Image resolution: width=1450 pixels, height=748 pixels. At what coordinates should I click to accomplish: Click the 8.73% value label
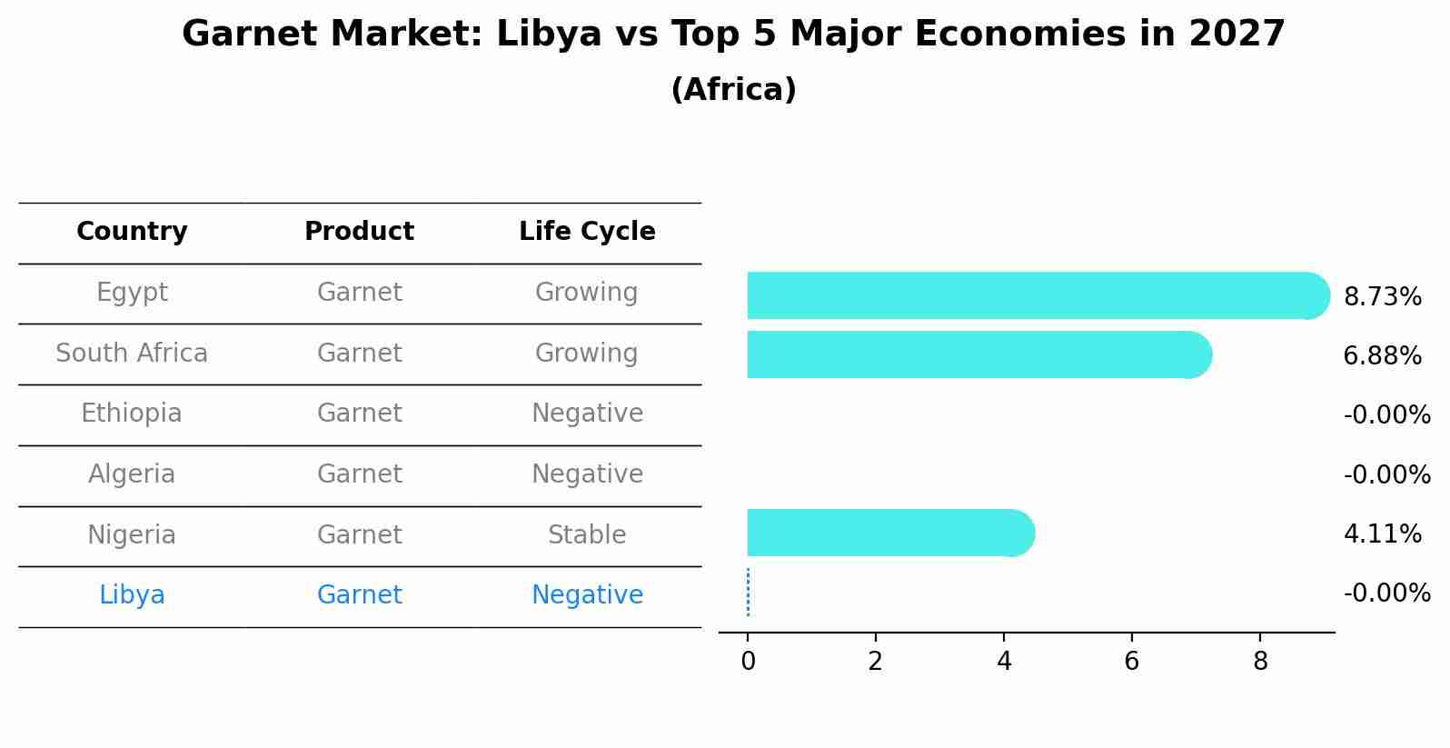pos(1382,297)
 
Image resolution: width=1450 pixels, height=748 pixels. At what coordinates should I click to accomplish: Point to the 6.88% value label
pos(1382,356)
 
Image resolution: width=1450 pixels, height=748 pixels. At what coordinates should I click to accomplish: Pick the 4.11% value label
pos(1382,534)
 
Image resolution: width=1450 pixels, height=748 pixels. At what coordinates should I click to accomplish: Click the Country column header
pos(132,232)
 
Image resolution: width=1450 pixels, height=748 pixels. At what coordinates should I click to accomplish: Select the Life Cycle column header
pos(587,232)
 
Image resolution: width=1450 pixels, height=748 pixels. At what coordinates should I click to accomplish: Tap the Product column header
pos(359,232)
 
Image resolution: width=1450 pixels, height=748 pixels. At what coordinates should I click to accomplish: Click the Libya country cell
pos(132,595)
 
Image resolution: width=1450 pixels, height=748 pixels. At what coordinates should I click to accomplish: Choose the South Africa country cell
pos(132,354)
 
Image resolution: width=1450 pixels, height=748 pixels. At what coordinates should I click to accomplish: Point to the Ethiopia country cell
pos(132,414)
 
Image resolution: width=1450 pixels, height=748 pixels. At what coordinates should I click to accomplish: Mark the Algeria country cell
pos(132,474)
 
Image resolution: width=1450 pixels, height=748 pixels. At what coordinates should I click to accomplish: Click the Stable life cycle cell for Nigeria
pos(587,535)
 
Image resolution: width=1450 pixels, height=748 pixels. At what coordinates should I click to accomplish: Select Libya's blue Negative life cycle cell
pos(587,595)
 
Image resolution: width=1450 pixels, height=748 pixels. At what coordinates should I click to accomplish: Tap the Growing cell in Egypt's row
pos(587,293)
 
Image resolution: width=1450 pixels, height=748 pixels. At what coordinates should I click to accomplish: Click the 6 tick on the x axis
pos(1131,662)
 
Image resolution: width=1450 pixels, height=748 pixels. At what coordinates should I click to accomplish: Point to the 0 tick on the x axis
pos(748,662)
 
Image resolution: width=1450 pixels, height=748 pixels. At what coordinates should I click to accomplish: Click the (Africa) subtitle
pos(733,90)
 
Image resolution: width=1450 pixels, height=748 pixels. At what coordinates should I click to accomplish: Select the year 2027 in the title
pos(1236,35)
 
